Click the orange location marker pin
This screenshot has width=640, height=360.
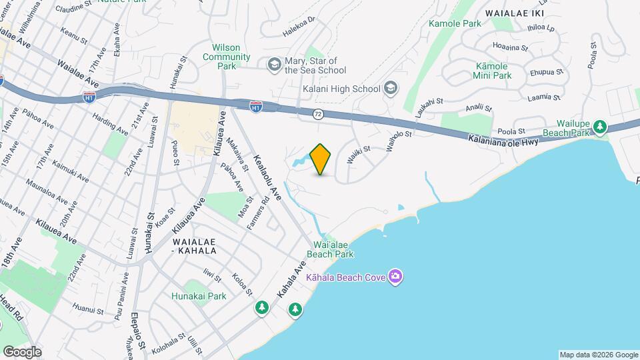[321, 159]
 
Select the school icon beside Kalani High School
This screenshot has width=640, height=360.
[391, 88]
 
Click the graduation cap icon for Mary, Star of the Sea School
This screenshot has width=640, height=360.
[273, 64]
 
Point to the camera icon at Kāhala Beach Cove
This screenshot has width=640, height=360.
[395, 276]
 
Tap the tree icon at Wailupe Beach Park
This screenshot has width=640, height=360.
[600, 125]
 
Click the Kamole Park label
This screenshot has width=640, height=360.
[455, 23]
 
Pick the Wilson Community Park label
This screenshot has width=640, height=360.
[226, 57]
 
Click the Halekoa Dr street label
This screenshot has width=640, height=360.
[298, 30]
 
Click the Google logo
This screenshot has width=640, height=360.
[21, 352]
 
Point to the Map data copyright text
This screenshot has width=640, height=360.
[598, 355]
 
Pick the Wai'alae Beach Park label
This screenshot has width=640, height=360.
[330, 249]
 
